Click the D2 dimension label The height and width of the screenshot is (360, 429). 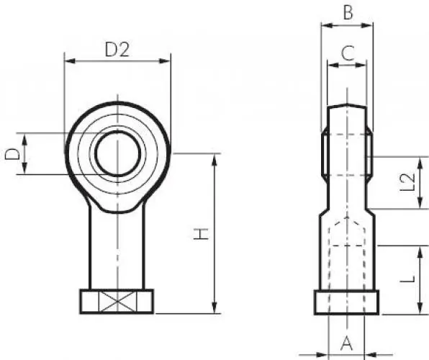(x=117, y=50)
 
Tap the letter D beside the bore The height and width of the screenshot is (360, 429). (x=12, y=154)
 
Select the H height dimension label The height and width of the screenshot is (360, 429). (x=201, y=233)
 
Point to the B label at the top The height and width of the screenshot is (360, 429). (x=348, y=12)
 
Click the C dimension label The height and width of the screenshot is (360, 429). (x=348, y=53)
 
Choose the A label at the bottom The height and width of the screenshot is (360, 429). (x=346, y=343)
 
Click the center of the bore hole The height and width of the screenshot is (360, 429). (x=118, y=153)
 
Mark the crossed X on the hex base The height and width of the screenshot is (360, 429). (x=117, y=301)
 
